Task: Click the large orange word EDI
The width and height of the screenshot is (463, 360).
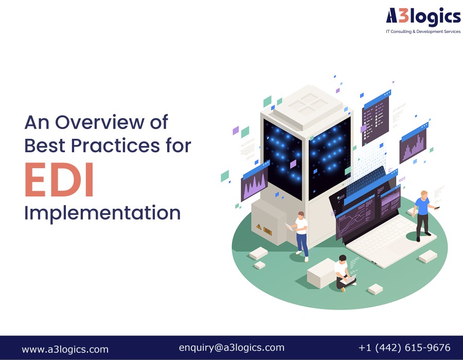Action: coord(59,179)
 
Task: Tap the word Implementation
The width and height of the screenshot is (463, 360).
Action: coord(102,213)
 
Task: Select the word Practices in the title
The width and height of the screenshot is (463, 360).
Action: coord(115,145)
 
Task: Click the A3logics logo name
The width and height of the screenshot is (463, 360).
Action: coord(423,16)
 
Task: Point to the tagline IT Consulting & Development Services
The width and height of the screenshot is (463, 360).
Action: coord(423,31)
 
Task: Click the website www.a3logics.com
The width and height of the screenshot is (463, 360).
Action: coord(65,349)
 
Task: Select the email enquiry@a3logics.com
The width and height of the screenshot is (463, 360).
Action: coord(232,348)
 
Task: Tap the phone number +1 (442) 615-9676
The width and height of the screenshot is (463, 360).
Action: coord(404,348)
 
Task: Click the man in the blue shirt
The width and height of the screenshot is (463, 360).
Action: coord(423,215)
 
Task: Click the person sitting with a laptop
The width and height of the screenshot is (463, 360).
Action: coord(344,273)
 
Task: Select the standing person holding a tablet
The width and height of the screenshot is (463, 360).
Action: coord(300,236)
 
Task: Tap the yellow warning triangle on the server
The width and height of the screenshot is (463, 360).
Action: coord(259,227)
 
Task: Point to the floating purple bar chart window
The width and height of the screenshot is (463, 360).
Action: coord(414,143)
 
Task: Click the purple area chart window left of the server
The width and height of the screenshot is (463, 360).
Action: coord(255,181)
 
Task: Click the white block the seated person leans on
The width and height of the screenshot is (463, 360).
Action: coord(321,274)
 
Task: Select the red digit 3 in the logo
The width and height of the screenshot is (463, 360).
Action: coord(403,15)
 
